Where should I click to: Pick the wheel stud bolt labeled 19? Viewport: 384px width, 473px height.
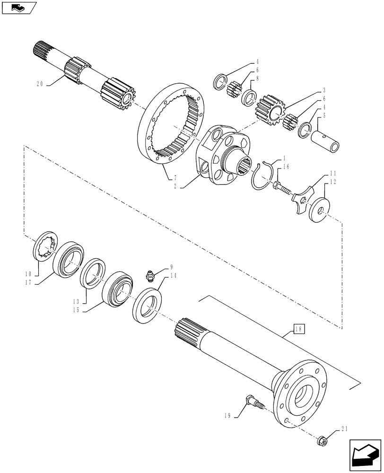(254, 404)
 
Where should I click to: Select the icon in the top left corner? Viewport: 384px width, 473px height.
(19, 8)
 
